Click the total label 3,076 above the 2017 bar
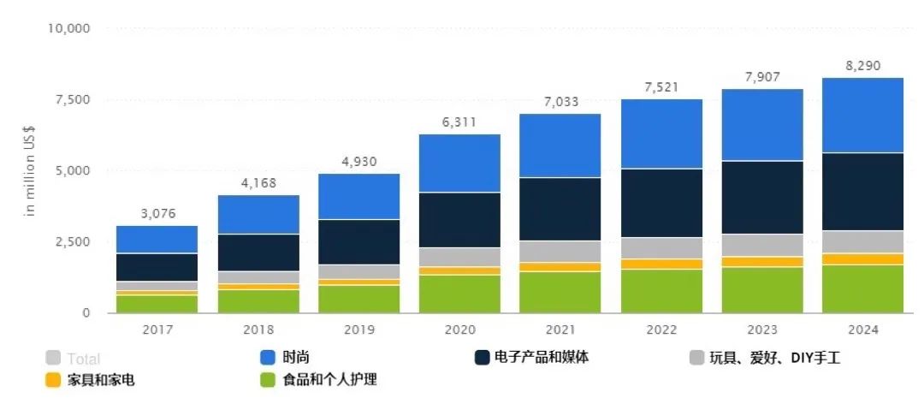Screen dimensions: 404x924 tap(157, 213)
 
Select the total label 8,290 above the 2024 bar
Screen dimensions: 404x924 tap(862, 66)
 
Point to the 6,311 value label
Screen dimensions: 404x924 tap(459, 122)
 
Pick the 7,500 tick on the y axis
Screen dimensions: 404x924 tap(73, 99)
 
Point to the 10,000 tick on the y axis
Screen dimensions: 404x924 tap(69, 28)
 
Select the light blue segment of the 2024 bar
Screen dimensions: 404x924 tap(862, 115)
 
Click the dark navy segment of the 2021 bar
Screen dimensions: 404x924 tap(560, 209)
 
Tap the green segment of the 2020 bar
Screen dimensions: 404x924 tap(459, 294)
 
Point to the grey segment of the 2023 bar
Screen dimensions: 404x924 tap(761, 245)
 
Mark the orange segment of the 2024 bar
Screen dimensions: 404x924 tap(862, 259)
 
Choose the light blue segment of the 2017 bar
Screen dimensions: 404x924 tap(157, 240)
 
